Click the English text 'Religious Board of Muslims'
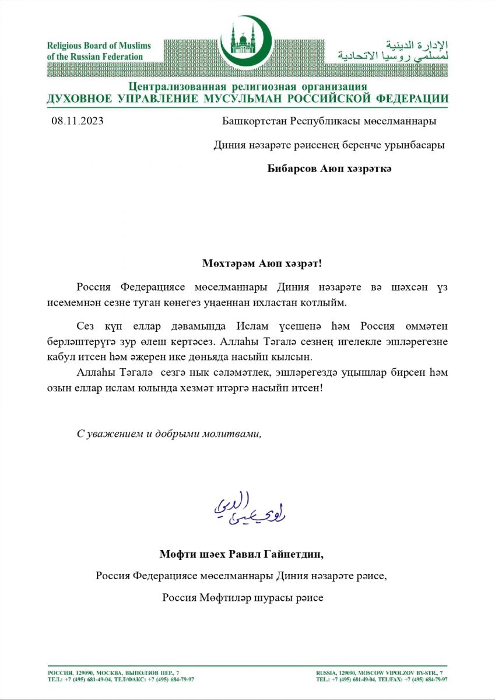coord(99,45)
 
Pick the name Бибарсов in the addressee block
coord(292,169)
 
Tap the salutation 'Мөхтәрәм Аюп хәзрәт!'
coord(262,263)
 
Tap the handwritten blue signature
coord(249,508)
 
